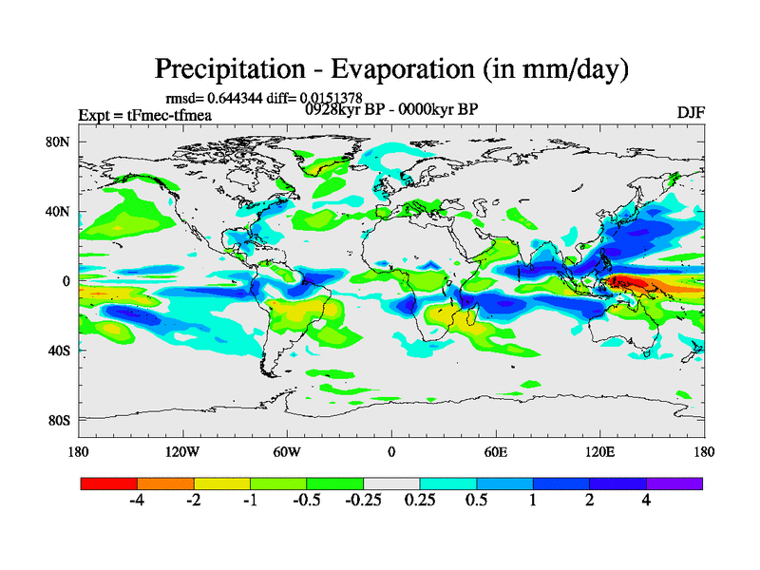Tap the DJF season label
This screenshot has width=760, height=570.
[690, 113]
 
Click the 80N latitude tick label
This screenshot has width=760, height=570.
[59, 142]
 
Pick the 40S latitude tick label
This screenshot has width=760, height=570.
[60, 350]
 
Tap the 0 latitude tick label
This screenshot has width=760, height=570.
[67, 280]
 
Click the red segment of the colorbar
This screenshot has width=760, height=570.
[109, 483]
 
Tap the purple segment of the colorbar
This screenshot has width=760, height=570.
[674, 483]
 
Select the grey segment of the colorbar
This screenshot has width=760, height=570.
[391, 483]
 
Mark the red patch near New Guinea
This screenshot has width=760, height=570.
[634, 281]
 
